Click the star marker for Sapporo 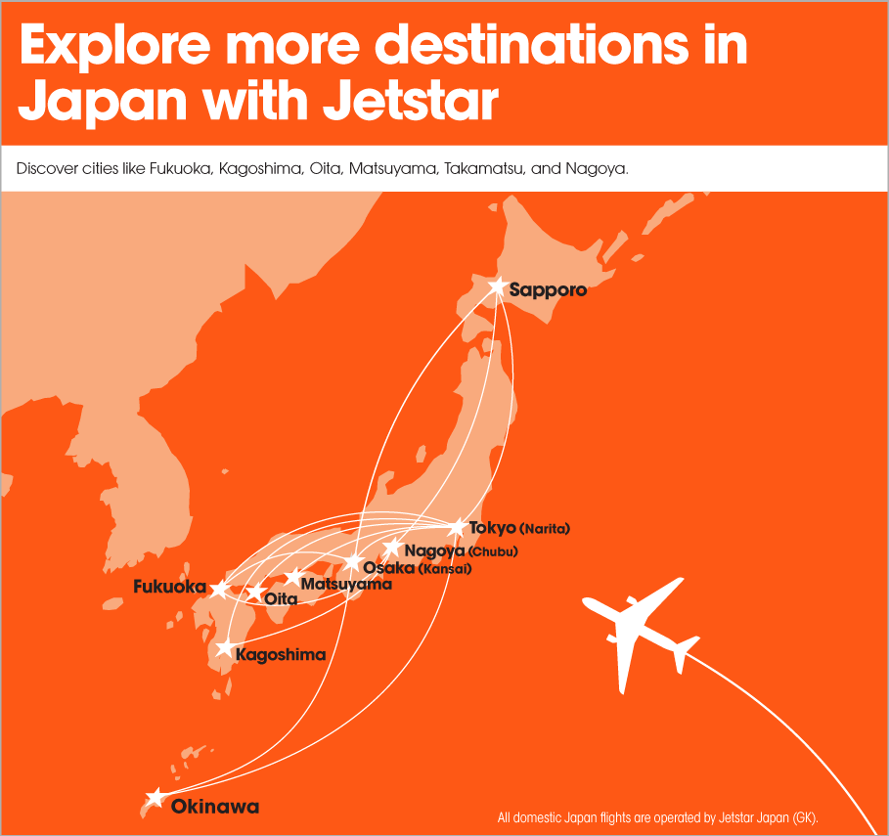(498, 287)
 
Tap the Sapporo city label (548, 290)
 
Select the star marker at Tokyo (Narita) (457, 528)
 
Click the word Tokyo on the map (492, 528)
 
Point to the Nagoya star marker (392, 547)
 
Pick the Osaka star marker (354, 563)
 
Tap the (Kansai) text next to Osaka (445, 568)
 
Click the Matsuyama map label (346, 585)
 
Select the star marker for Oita (255, 593)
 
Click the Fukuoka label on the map (169, 588)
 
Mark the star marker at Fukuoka (219, 589)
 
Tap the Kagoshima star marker (225, 648)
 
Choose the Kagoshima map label (281, 654)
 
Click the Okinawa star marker (155, 798)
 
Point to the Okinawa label (215, 807)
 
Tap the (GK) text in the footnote (803, 816)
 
